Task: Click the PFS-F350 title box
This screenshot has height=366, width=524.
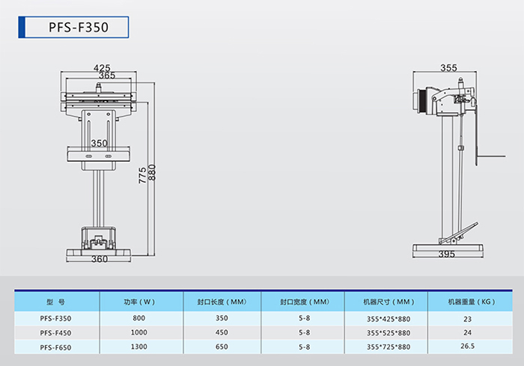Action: pyautogui.click(x=73, y=27)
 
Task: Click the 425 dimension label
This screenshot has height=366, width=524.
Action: pyautogui.click(x=102, y=68)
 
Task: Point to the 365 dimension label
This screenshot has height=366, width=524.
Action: pyautogui.click(x=107, y=76)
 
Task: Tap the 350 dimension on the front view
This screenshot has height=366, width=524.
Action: pyautogui.click(x=100, y=144)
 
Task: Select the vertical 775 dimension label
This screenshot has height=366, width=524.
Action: pyautogui.click(x=142, y=175)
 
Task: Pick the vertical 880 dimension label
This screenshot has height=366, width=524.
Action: pyautogui.click(x=152, y=172)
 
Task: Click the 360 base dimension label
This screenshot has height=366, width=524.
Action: pyautogui.click(x=100, y=259)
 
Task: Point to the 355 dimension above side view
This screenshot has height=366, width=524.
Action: pyautogui.click(x=448, y=68)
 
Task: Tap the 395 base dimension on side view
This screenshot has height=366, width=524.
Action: pyautogui.click(x=447, y=254)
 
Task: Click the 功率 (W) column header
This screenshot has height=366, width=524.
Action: pyautogui.click(x=139, y=302)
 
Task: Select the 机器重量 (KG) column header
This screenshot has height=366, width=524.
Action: pyautogui.click(x=472, y=302)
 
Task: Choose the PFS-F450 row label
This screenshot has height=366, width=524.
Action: pyautogui.click(x=55, y=333)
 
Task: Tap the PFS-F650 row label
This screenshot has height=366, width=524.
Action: pyautogui.click(x=55, y=347)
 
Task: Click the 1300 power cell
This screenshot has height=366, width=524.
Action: pyautogui.click(x=139, y=347)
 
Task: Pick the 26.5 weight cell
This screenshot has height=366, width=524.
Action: pyautogui.click(x=468, y=346)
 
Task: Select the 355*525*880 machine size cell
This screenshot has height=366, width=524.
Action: pyautogui.click(x=389, y=333)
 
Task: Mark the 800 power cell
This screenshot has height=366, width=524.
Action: pyautogui.click(x=139, y=318)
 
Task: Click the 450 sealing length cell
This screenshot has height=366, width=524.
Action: pyautogui.click(x=222, y=332)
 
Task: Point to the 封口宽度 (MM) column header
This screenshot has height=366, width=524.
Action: pyautogui.click(x=305, y=302)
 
